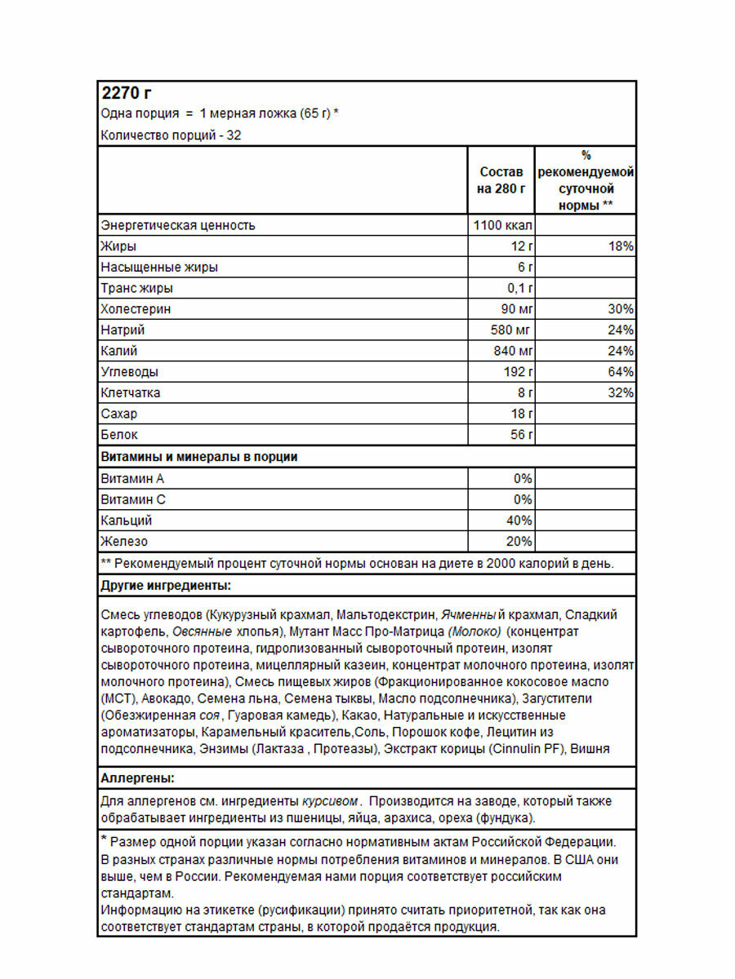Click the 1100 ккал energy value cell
point(502,225)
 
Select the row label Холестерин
point(136,309)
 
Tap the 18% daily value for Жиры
point(621,246)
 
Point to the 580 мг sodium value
point(512,330)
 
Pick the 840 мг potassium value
point(512,352)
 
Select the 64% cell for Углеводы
point(621,372)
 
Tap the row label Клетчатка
point(131,393)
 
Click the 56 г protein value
point(521,435)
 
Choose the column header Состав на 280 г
point(501,180)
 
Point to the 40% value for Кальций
point(519,521)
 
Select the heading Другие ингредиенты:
point(166,586)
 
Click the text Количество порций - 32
point(171,135)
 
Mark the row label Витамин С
point(132,499)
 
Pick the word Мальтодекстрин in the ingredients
point(387,614)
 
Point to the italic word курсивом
point(332,801)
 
